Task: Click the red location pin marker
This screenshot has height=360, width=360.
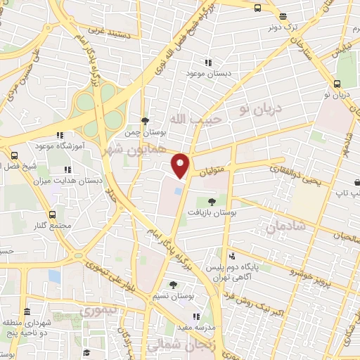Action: click(x=181, y=165)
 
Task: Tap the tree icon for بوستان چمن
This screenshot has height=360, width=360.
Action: click(x=145, y=121)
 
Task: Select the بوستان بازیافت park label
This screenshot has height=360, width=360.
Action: click(x=215, y=212)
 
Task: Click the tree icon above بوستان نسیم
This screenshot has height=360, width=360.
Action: click(x=174, y=285)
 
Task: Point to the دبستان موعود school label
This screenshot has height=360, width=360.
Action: click(x=206, y=73)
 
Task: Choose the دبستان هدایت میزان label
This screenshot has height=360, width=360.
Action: click(x=70, y=180)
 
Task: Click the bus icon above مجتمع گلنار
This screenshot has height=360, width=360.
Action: click(x=53, y=213)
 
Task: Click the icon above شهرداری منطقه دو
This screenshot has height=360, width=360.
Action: click(x=27, y=311)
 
